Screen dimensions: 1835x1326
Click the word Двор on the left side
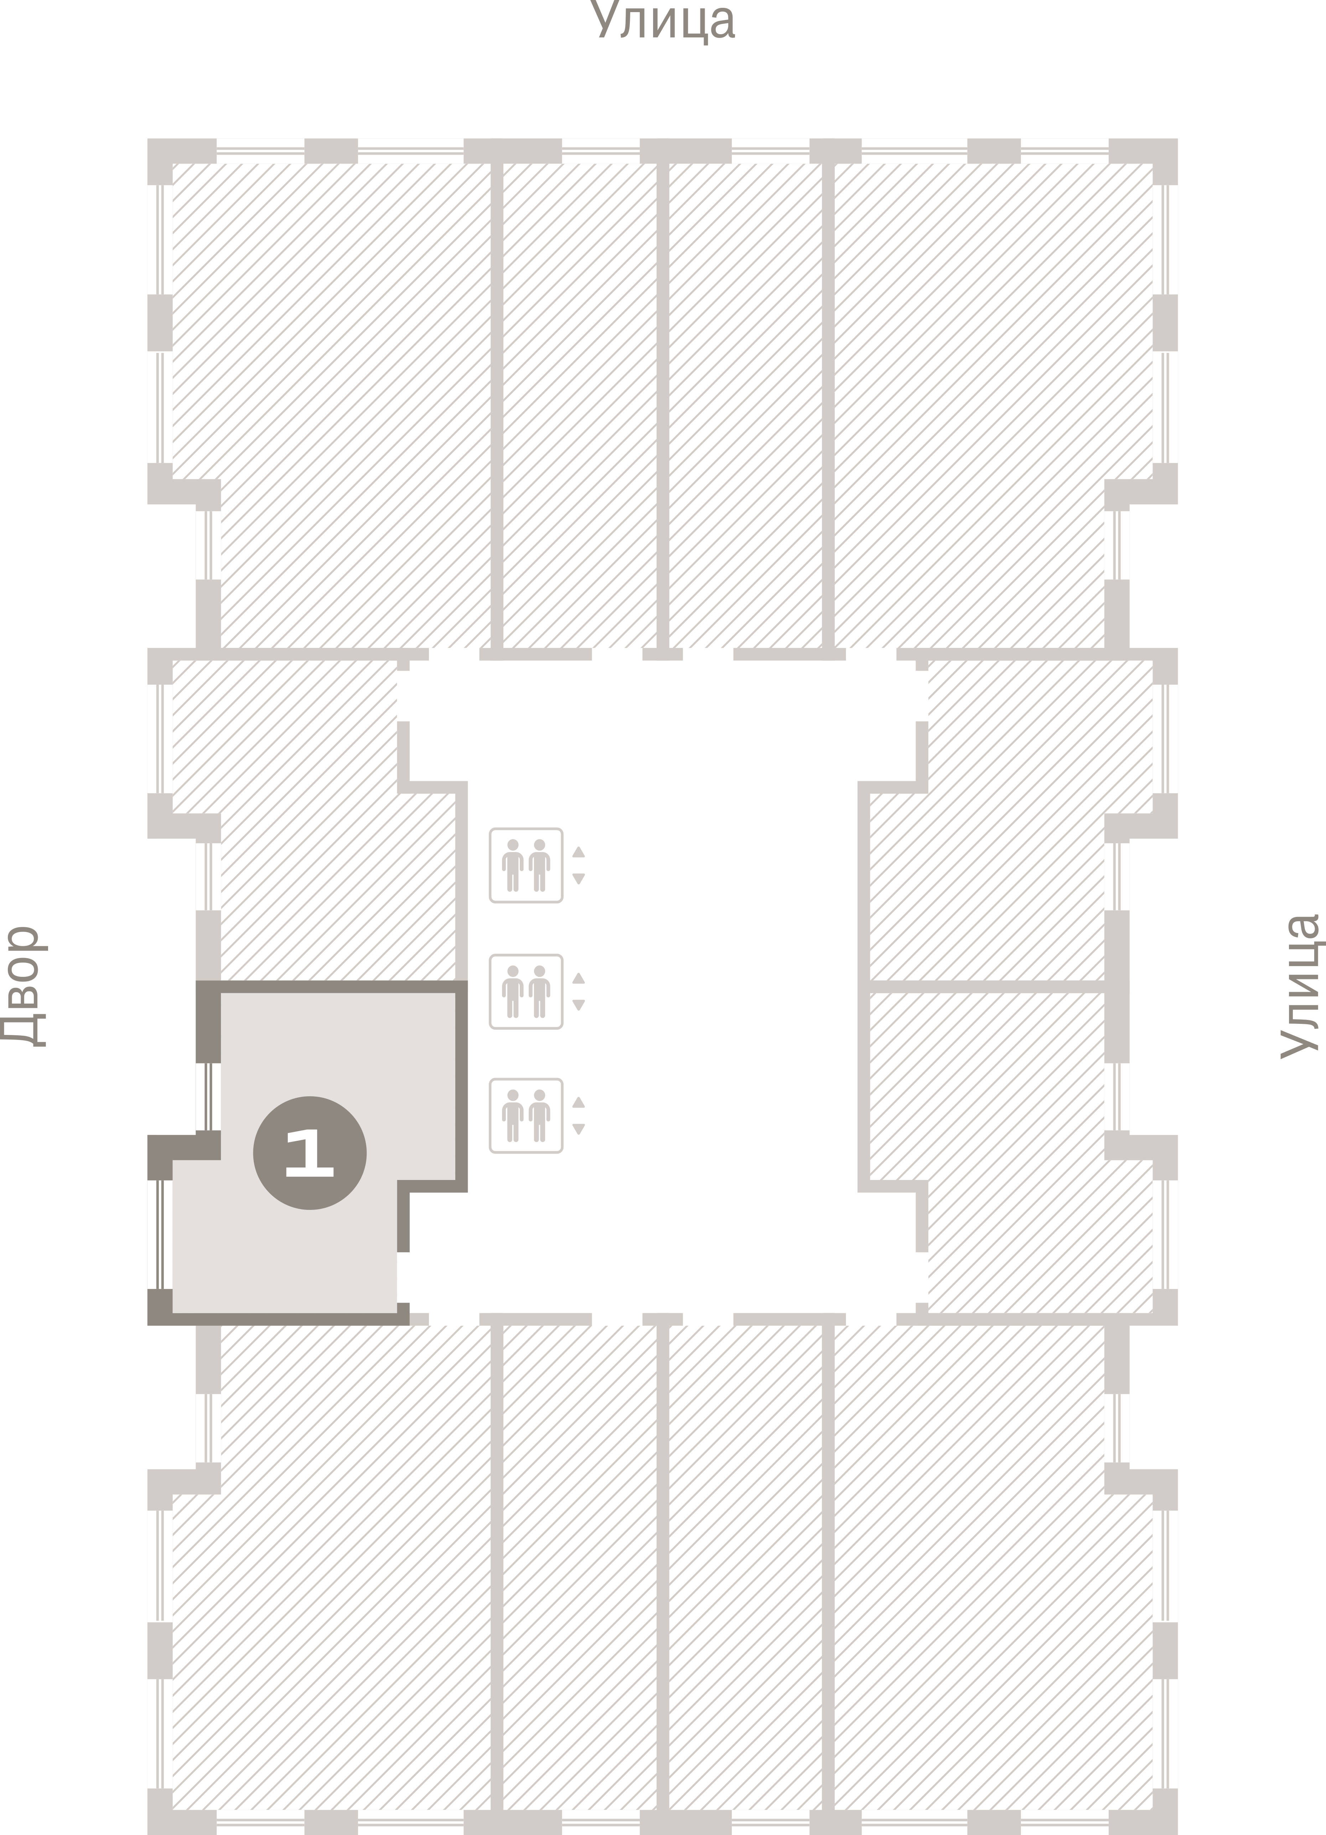[x=22, y=987]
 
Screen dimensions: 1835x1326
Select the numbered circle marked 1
[x=310, y=1153]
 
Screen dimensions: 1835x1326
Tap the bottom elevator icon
[x=526, y=1116]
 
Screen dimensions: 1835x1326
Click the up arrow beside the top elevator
[x=579, y=852]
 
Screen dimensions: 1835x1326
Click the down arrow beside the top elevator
[x=579, y=879]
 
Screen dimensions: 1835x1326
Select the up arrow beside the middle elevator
[x=579, y=978]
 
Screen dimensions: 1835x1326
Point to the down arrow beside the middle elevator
[x=579, y=1005]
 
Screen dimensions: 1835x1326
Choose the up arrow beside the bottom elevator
[x=579, y=1103]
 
